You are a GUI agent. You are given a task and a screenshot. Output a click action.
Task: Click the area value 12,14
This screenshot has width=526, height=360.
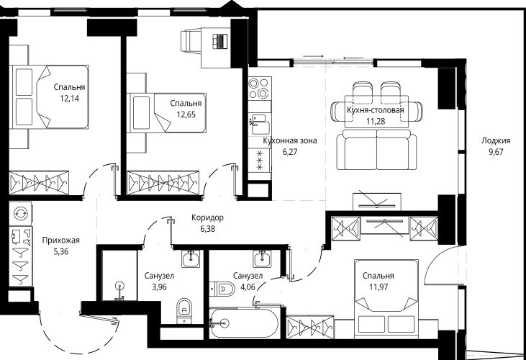tap(70, 99)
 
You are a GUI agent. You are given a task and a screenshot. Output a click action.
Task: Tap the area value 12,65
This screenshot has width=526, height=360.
tap(186, 114)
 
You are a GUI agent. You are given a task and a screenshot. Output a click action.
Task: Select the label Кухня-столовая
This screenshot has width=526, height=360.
tap(376, 110)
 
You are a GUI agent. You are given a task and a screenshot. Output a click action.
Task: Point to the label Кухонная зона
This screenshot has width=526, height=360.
tap(290, 140)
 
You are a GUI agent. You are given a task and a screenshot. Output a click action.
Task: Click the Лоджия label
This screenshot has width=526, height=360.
tap(496, 140)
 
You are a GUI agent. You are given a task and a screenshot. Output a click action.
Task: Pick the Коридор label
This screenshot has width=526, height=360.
tap(207, 217)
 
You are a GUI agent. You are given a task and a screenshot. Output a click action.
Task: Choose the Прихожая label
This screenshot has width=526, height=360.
tap(60, 240)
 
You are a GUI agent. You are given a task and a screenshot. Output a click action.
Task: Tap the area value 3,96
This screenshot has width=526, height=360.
tap(159, 287)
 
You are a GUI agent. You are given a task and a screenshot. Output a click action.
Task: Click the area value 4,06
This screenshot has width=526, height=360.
tap(248, 287)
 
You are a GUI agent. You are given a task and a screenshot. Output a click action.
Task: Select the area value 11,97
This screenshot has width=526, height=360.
tap(378, 287)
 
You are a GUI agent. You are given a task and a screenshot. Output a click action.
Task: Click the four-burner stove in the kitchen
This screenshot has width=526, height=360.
tap(260, 88)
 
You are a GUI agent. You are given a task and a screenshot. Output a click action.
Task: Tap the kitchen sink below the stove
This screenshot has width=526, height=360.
tap(259, 123)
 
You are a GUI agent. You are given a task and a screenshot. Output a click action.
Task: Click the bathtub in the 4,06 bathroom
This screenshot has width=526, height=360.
tap(244, 323)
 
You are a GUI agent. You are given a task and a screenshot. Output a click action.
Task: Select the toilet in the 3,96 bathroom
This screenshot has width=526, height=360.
tap(183, 311)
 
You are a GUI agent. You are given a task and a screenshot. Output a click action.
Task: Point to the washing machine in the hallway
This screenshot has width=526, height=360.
tap(20, 213)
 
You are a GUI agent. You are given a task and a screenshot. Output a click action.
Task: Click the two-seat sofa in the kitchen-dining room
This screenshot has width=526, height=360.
tap(377, 150)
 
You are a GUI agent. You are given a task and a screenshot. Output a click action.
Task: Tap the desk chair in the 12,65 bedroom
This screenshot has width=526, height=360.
tap(190, 41)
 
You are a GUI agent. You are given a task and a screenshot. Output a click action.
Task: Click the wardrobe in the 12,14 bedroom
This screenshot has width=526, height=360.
tap(39, 183)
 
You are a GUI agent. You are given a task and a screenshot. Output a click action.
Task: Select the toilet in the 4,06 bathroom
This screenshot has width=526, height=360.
tap(222, 289)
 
